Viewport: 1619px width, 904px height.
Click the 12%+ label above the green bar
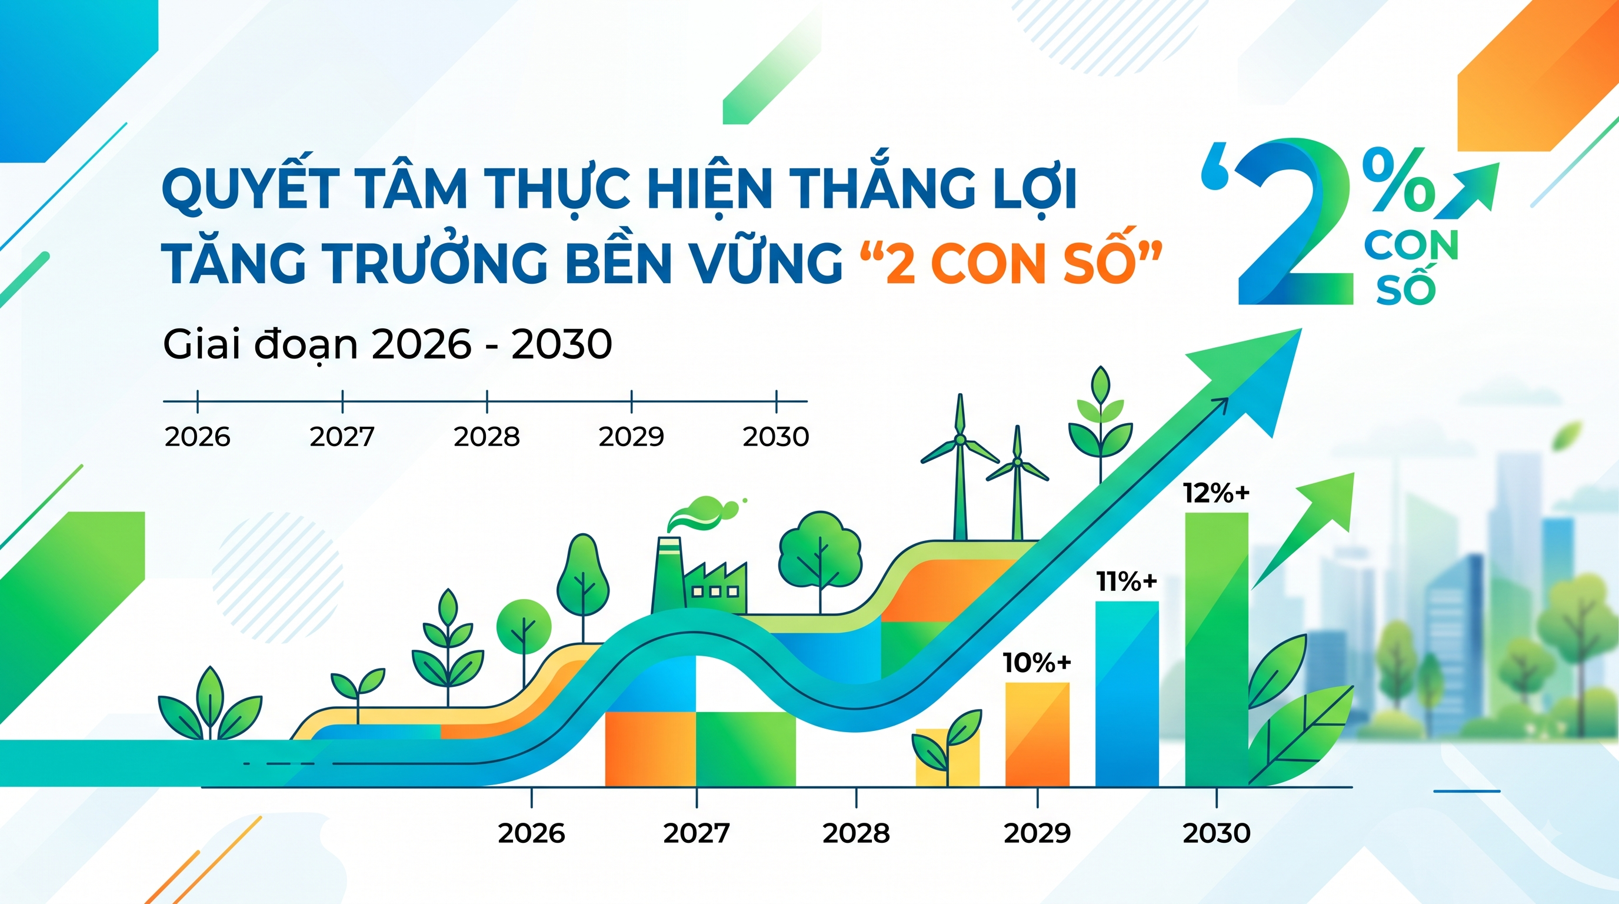click(x=1216, y=493)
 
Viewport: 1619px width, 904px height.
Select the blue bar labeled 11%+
click(x=1127, y=694)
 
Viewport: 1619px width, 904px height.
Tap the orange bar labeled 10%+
click(x=1037, y=734)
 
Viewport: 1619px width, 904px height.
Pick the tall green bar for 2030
click(x=1217, y=649)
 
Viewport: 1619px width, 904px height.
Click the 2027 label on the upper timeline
click(x=342, y=437)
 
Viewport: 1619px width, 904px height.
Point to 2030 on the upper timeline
click(x=776, y=437)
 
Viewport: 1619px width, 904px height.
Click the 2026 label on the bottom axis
click(x=532, y=833)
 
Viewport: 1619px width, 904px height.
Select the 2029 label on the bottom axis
click(x=1037, y=833)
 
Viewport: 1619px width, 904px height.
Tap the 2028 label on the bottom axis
click(x=856, y=833)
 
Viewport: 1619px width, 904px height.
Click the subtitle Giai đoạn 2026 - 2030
click(x=387, y=344)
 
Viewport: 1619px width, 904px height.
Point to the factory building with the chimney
click(x=699, y=576)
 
